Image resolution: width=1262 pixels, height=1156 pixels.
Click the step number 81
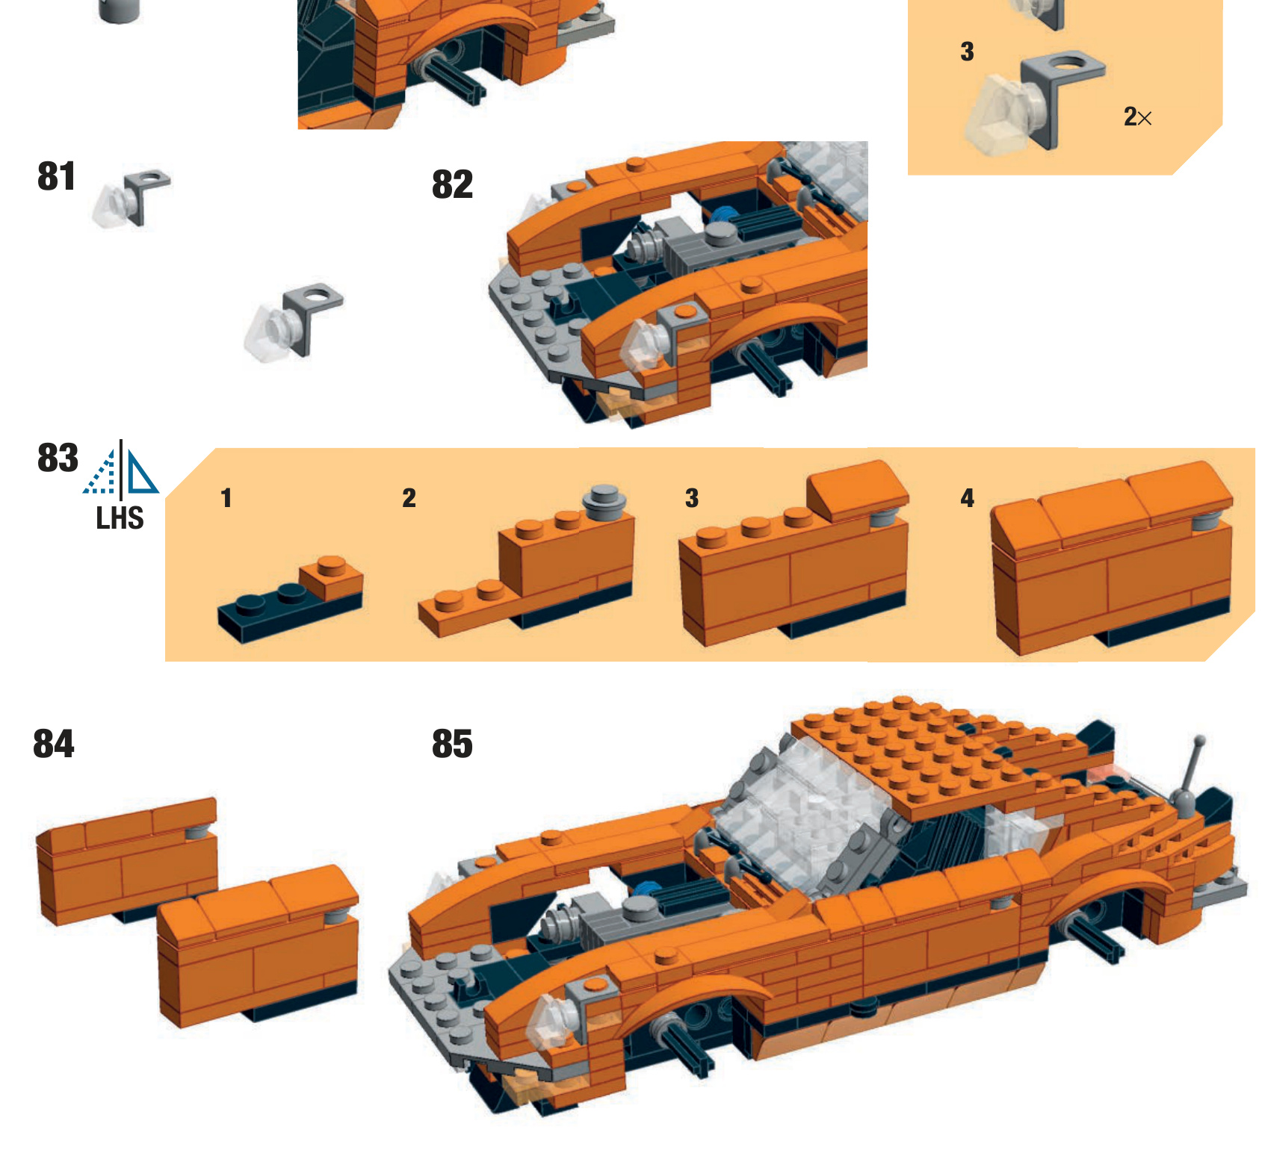click(56, 177)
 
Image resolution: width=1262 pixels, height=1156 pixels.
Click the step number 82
click(452, 184)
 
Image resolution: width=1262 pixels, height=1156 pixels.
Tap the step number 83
click(58, 458)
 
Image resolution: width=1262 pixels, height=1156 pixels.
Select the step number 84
click(53, 744)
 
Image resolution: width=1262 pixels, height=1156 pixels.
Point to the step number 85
click(452, 744)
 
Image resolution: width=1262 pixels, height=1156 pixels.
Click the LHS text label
click(120, 518)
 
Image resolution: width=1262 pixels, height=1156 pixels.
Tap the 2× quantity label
click(1136, 117)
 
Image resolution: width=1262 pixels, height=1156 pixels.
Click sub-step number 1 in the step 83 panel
click(226, 498)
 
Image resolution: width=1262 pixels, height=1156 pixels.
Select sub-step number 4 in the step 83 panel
click(967, 498)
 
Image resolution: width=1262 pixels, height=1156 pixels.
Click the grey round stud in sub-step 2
click(604, 501)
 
